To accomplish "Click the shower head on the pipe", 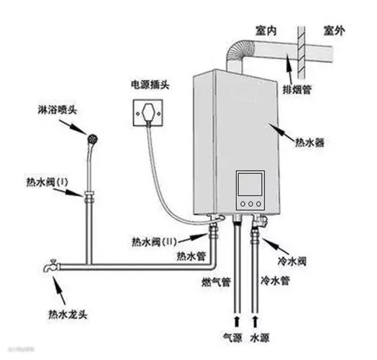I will [92, 138].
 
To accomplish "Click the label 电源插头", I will [149, 84].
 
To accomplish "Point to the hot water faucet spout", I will [50, 266].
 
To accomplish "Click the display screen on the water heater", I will [250, 184].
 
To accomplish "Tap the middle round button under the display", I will [250, 204].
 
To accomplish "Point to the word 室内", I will [266, 31].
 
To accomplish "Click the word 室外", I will [334, 31].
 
